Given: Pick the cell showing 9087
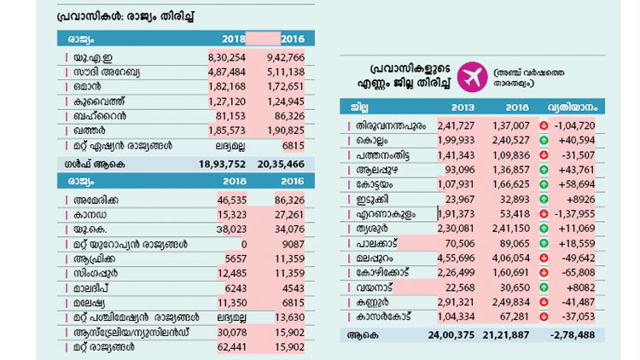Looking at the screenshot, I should [290, 243].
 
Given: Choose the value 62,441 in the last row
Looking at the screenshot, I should [228, 347].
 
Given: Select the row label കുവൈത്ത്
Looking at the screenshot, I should [98, 102].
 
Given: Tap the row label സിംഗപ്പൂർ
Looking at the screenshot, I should [102, 272].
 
